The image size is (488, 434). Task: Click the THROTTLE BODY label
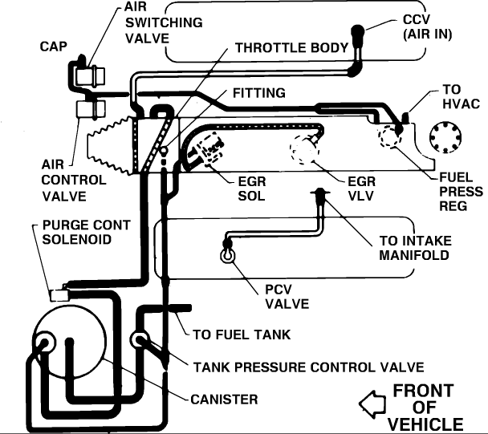coord(291,47)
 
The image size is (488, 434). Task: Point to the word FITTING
coord(258,93)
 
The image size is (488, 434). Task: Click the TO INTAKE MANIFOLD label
coord(415,248)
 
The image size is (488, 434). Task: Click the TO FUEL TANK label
coord(241,335)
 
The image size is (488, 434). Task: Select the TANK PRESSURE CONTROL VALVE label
coord(308,367)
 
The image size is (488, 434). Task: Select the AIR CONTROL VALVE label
coord(74,180)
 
